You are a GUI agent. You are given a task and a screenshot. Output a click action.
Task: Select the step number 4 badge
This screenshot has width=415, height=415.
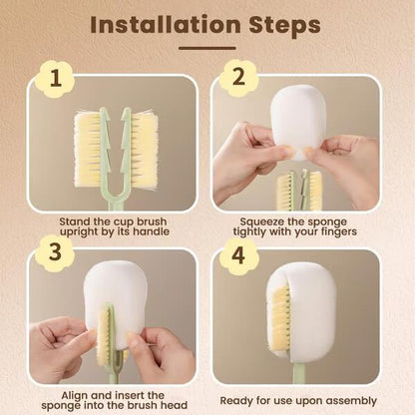pos(237,253)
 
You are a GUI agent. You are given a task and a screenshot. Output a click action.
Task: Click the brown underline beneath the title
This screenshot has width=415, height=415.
pos(207,47)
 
